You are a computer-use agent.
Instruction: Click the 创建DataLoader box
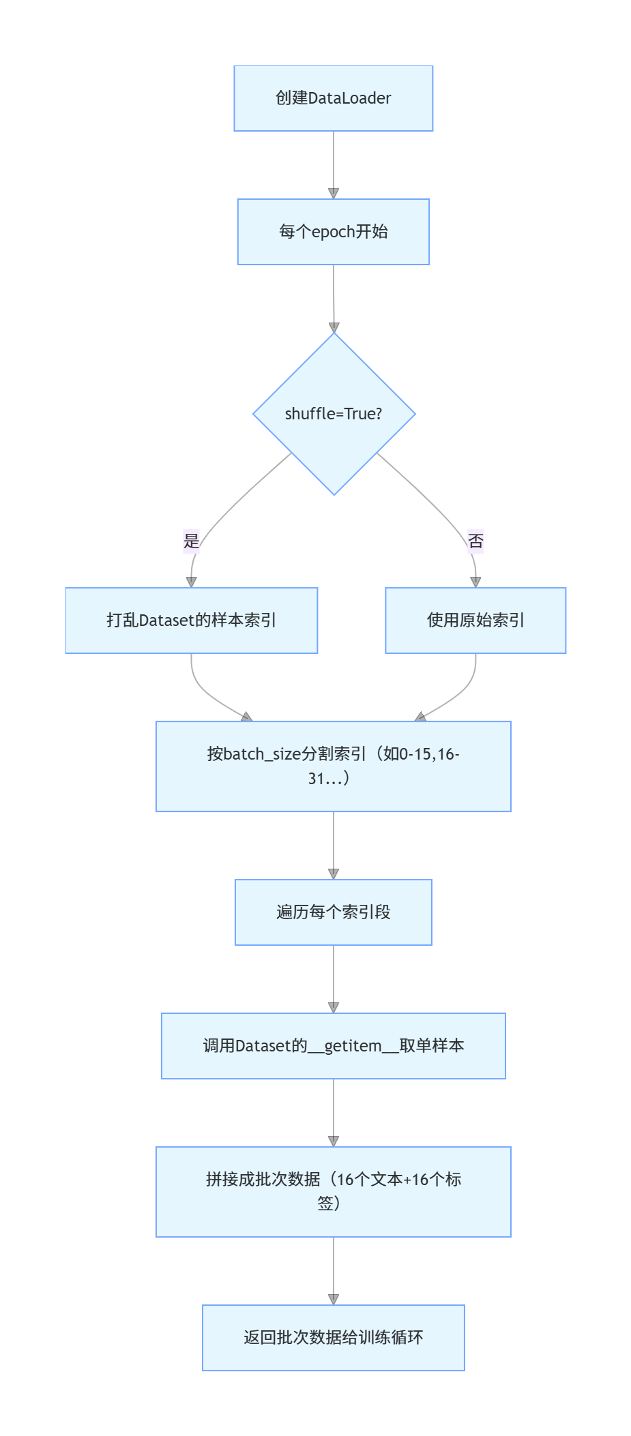pos(333,98)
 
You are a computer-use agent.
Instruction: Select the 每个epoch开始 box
pos(333,232)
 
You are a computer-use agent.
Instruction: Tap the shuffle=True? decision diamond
pos(334,414)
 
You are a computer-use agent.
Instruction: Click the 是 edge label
pos(192,541)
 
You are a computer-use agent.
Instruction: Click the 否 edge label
pos(475,541)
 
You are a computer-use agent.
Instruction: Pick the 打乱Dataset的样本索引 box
pos(191,620)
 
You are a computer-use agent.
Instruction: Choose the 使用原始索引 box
pos(475,620)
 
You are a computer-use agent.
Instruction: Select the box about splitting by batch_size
pos(333,766)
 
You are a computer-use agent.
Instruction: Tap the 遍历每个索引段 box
pos(333,912)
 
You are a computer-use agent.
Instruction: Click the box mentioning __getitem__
pos(333,1046)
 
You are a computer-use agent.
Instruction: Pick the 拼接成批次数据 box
pos(333,1191)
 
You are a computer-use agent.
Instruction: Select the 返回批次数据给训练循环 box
pos(333,1338)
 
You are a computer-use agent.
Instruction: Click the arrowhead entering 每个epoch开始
pos(334,194)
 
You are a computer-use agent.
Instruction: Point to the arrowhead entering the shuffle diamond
pos(334,327)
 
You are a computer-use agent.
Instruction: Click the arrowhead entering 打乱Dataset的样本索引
pos(192,582)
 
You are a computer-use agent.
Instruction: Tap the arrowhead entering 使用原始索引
pos(475,582)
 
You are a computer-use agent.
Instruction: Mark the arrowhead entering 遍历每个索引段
pos(334,873)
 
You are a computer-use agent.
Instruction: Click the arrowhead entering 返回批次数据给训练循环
pos(334,1299)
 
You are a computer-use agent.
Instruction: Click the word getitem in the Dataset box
pos(353,1046)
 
